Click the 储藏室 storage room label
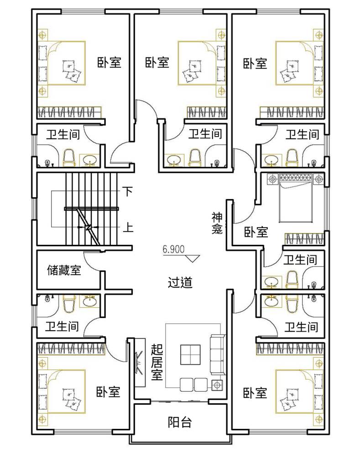point(64,270)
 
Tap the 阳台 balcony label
point(180,422)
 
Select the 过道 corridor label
point(180,283)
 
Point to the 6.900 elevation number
point(173,249)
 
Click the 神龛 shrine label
point(217,223)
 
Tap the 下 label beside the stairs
point(128,191)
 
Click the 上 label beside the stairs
point(128,228)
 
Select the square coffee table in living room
point(190,354)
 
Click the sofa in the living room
point(218,354)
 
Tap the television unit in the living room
point(140,363)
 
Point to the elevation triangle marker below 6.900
point(193,258)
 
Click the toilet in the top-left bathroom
point(68,157)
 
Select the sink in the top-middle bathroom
point(174,160)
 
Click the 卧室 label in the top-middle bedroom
point(157,62)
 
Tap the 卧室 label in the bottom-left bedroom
point(108,391)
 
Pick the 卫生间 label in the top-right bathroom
point(302,134)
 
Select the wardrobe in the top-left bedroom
point(69,112)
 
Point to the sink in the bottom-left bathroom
point(90,301)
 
